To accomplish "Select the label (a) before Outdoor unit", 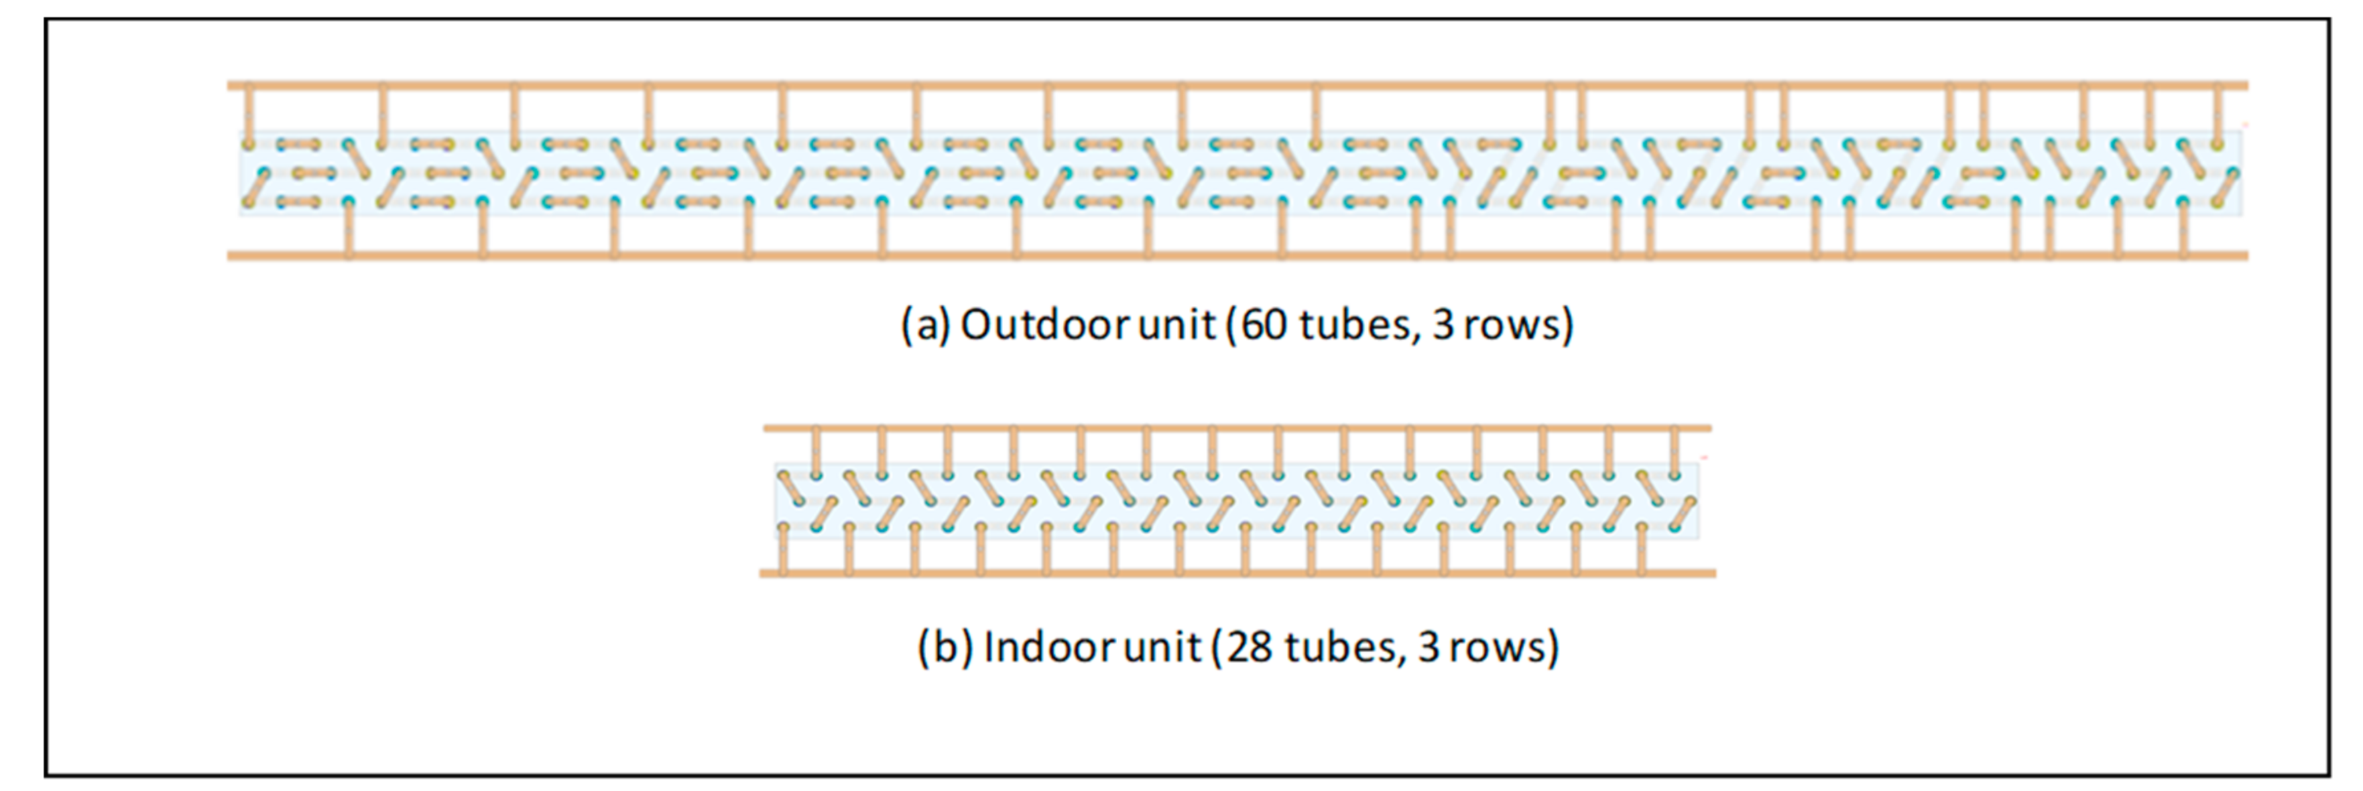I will (926, 325).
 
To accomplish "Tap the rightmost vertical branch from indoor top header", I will (1674, 450).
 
